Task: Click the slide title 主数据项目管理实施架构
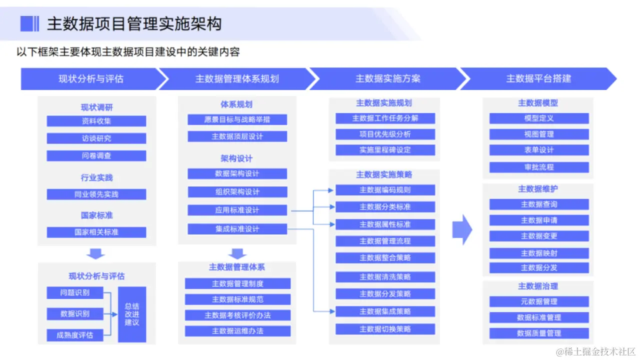(x=134, y=23)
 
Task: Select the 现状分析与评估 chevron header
(x=91, y=79)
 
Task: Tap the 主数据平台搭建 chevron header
(x=538, y=79)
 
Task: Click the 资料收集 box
(x=96, y=121)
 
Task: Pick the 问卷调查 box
(x=96, y=155)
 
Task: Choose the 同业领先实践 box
(x=96, y=194)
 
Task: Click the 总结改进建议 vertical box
(x=132, y=314)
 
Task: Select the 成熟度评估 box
(x=75, y=335)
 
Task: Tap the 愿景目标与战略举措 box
(x=237, y=119)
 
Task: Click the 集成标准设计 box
(x=237, y=229)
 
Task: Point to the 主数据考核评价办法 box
(x=237, y=315)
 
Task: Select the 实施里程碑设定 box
(x=385, y=150)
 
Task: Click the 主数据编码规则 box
(x=385, y=190)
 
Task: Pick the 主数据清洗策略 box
(x=385, y=276)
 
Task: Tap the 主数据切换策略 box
(x=385, y=329)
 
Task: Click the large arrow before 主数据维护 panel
(x=462, y=229)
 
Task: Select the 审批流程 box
(x=539, y=167)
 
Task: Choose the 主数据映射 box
(x=539, y=253)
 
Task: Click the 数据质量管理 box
(x=539, y=333)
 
